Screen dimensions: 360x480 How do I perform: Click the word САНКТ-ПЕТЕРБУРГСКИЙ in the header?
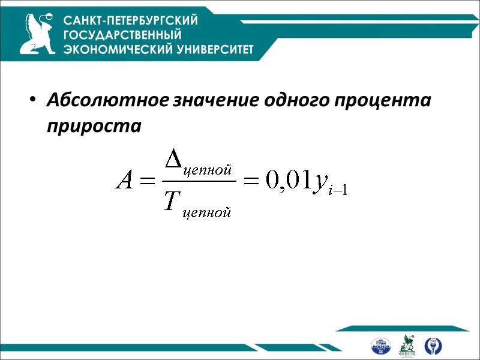click(131, 20)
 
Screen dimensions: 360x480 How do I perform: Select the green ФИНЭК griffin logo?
click(407, 345)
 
